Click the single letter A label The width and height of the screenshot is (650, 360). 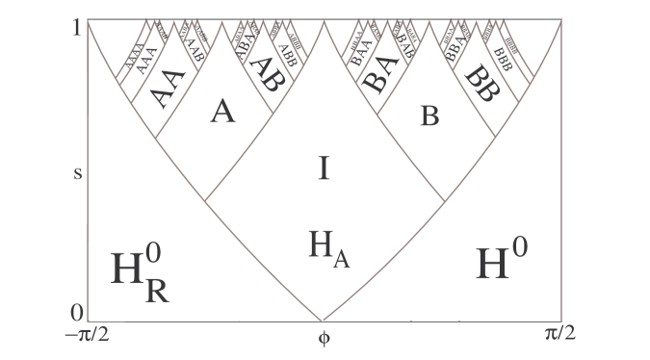pyautogui.click(x=222, y=114)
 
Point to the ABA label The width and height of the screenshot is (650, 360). pyautogui.click(x=246, y=45)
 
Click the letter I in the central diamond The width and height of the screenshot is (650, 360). pyautogui.click(x=325, y=169)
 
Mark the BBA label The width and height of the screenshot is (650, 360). pyautogui.click(x=455, y=48)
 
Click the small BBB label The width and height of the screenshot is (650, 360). pyautogui.click(x=503, y=50)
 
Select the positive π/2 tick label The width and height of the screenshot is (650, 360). pyautogui.click(x=559, y=336)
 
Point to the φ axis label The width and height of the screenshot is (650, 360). pyautogui.click(x=325, y=339)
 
